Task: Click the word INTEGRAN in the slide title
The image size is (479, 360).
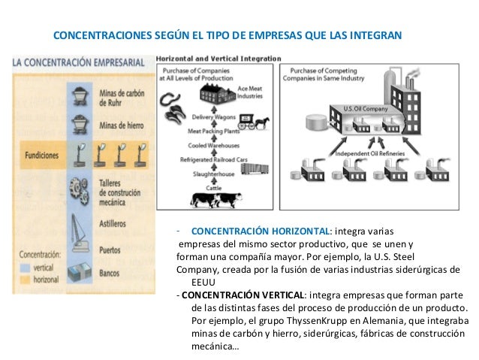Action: click(376, 35)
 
